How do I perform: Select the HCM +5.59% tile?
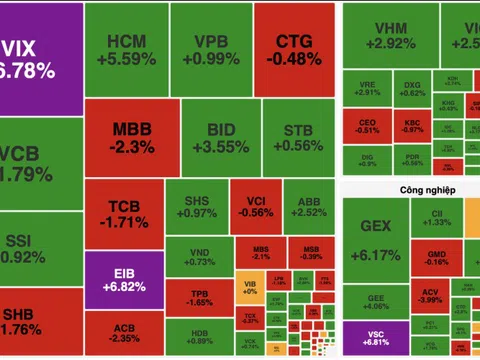click(124, 49)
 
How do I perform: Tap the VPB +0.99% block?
click(209, 49)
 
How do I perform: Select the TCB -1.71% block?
click(124, 212)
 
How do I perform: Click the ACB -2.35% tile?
click(124, 331)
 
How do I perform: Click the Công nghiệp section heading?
click(392, 186)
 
